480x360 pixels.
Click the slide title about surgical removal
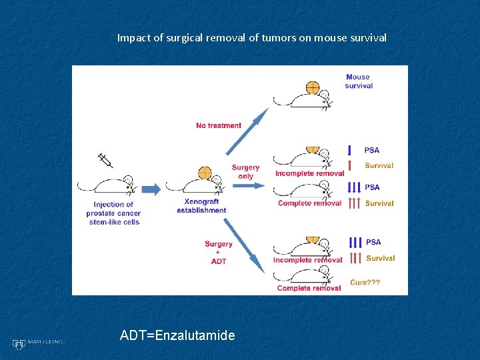(x=251, y=38)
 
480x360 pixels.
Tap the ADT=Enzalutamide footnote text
(x=177, y=335)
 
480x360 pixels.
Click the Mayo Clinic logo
(x=37, y=343)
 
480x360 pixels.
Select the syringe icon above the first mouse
(x=105, y=161)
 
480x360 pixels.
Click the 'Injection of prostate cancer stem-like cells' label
(x=113, y=213)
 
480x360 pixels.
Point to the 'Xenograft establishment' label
(x=201, y=206)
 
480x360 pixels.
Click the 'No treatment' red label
(x=219, y=125)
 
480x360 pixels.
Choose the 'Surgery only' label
(x=245, y=172)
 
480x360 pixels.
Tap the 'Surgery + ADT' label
(x=219, y=253)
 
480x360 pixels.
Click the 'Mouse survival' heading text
(x=359, y=81)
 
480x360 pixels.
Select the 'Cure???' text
(x=365, y=283)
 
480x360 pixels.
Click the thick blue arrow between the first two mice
(x=151, y=189)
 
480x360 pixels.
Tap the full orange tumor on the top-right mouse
(x=312, y=87)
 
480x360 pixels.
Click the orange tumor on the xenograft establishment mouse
(x=205, y=173)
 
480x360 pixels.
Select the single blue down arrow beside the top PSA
(x=350, y=150)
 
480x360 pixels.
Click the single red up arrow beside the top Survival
(x=350, y=165)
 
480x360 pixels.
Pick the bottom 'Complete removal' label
(x=309, y=288)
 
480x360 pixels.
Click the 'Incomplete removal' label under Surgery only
(x=309, y=174)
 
